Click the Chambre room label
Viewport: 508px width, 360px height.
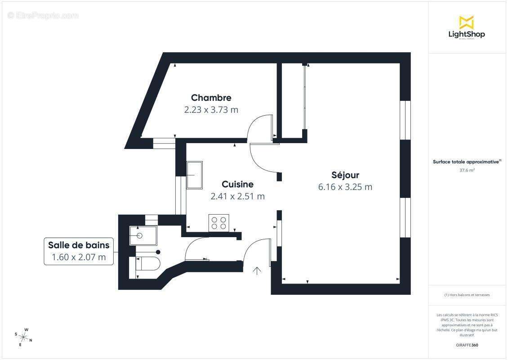click(211, 98)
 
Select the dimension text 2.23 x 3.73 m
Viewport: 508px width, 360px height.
click(211, 109)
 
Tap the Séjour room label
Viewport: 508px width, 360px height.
click(345, 175)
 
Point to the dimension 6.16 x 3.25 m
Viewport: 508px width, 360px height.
click(345, 187)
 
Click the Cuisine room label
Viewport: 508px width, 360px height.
click(237, 184)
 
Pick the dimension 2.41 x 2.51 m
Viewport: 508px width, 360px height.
click(237, 196)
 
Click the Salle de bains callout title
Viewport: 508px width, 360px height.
click(79, 245)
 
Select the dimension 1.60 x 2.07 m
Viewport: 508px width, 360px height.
click(79, 257)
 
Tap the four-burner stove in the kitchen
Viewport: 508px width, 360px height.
click(219, 223)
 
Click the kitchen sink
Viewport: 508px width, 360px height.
click(195, 175)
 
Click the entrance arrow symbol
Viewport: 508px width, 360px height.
click(257, 270)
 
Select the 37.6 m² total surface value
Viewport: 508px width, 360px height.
click(467, 171)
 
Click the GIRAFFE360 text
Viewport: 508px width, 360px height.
click(467, 345)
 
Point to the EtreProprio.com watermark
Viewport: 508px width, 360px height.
click(43, 16)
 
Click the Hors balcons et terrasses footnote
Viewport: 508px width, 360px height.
click(467, 295)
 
